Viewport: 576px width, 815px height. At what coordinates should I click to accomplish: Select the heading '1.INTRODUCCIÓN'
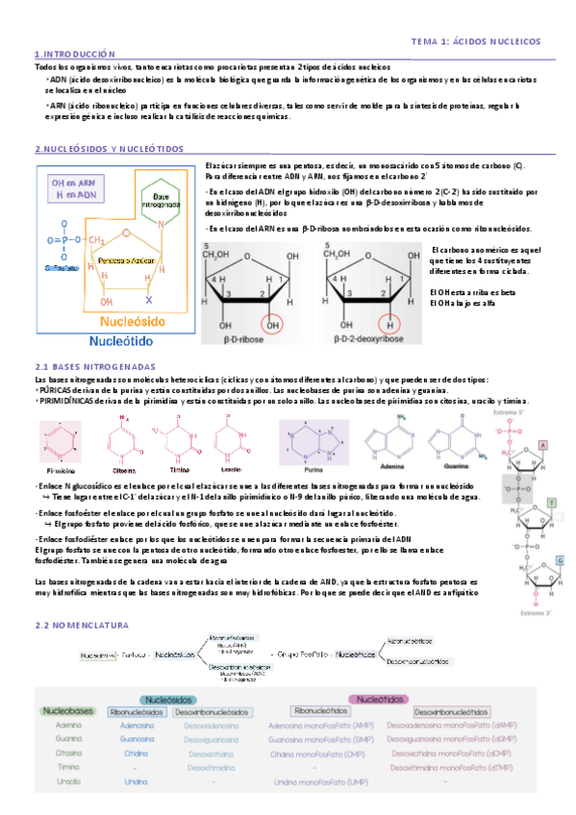coord(74,55)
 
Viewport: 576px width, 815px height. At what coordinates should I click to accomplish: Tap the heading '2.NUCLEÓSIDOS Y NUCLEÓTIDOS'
coord(108,149)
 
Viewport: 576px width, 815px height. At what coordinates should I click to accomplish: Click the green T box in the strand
coord(551,503)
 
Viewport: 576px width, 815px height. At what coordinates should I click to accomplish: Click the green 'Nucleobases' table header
coord(67,710)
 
